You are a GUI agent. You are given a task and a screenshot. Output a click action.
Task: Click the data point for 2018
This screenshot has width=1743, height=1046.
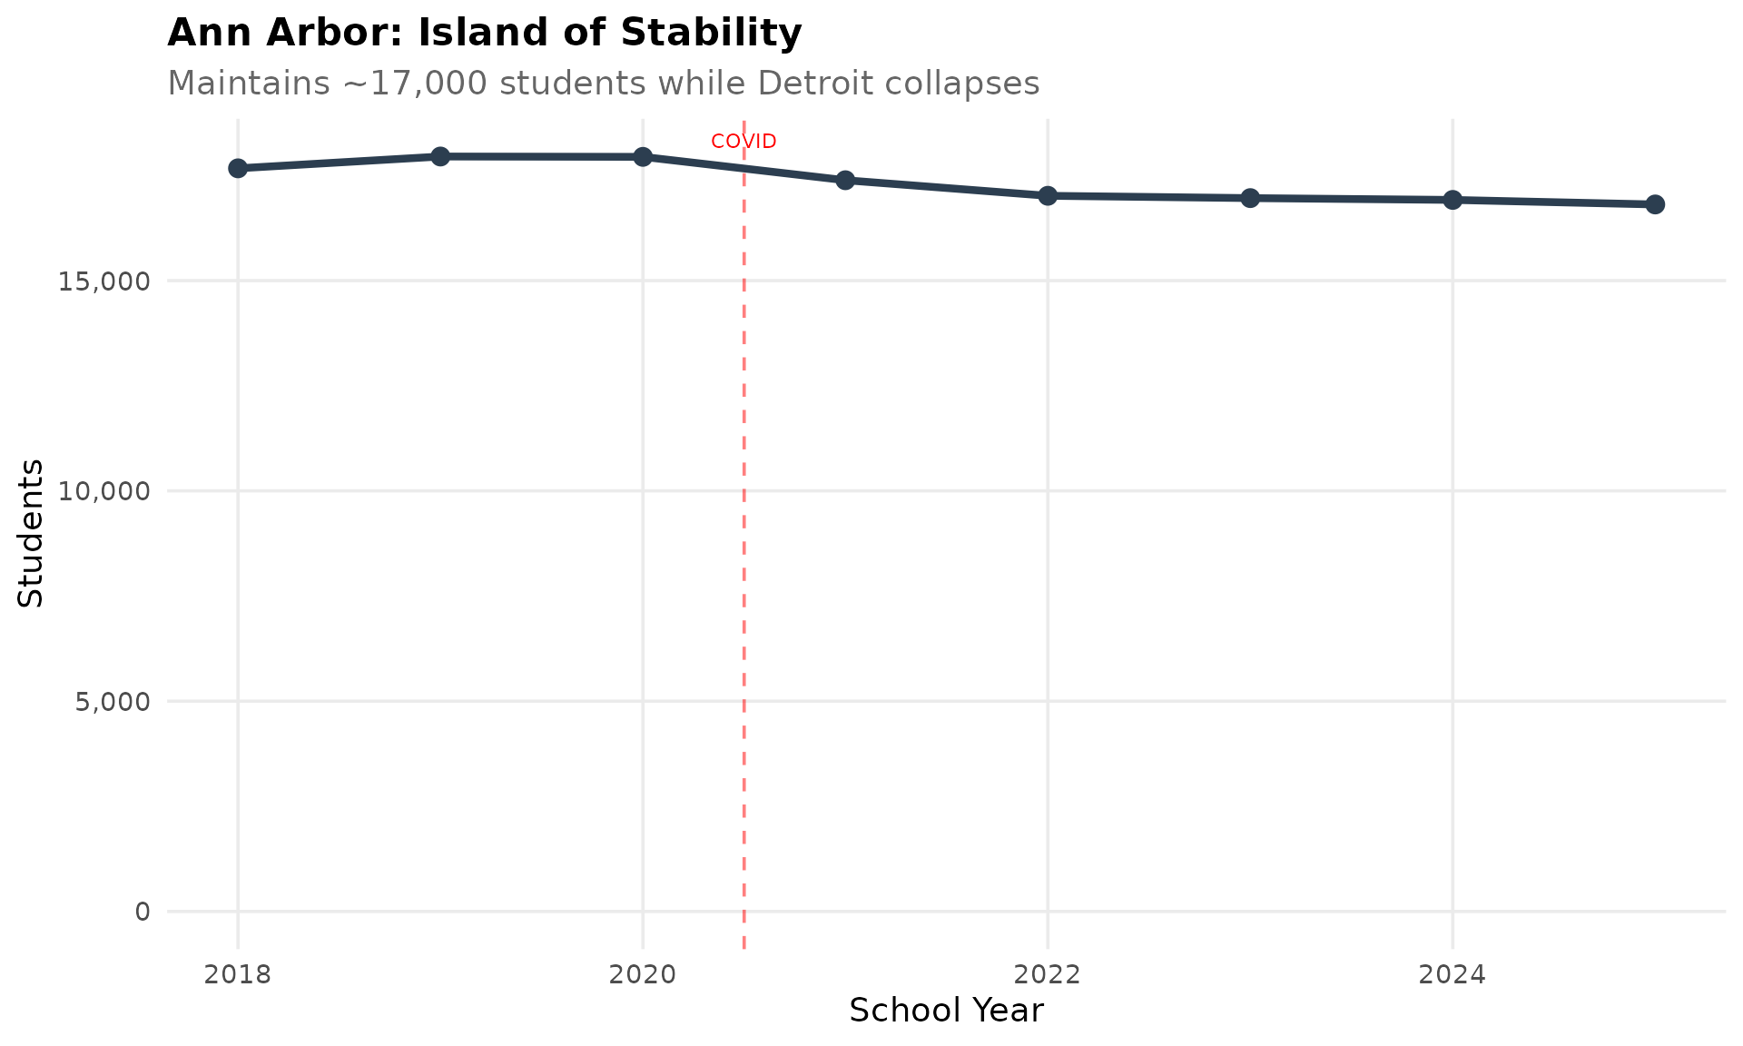(x=238, y=168)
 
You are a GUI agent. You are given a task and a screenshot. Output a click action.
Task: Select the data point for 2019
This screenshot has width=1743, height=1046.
(x=440, y=156)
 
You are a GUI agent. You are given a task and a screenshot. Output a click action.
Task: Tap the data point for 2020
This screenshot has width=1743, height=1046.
(x=643, y=156)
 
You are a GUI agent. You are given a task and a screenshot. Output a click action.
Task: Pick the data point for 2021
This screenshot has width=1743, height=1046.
(x=845, y=180)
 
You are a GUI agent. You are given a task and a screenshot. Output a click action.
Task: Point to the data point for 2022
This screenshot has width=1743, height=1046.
(x=1048, y=195)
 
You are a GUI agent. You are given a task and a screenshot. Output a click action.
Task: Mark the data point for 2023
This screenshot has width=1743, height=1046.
(x=1250, y=198)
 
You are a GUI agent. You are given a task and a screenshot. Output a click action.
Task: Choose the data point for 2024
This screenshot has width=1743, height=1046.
(x=1452, y=200)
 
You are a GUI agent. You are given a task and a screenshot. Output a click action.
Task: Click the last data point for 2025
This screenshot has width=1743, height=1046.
(x=1655, y=204)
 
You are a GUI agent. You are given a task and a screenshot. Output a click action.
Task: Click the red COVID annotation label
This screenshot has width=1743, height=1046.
(x=743, y=142)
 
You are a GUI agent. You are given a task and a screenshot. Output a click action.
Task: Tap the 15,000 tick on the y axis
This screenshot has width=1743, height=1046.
(x=103, y=281)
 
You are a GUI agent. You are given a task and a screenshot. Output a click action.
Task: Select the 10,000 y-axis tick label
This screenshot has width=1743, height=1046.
(x=103, y=491)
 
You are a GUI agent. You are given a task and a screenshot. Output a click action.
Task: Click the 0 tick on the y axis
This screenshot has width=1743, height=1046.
(x=143, y=911)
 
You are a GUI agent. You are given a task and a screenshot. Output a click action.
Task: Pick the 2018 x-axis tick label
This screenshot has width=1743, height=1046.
(x=238, y=975)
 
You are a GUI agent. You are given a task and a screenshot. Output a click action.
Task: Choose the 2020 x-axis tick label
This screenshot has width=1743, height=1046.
(x=643, y=975)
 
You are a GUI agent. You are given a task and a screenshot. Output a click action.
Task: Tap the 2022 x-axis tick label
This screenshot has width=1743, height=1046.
(x=1048, y=975)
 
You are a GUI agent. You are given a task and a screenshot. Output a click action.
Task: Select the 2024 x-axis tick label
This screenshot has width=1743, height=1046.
(x=1452, y=975)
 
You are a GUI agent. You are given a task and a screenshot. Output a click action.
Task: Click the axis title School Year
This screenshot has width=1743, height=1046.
(x=946, y=1011)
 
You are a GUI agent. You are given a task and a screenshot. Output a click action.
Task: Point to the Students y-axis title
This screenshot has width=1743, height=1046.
(x=31, y=533)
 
